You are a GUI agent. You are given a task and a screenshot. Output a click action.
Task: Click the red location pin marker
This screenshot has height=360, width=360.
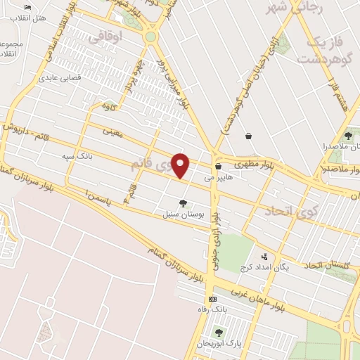coord(181,165)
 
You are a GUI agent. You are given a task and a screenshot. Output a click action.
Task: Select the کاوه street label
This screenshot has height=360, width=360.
coord(108,106)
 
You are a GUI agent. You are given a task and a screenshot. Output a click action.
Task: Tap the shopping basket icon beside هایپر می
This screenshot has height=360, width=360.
coord(220,167)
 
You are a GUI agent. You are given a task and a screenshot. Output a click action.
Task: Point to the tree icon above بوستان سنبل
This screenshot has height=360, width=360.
coord(183,203)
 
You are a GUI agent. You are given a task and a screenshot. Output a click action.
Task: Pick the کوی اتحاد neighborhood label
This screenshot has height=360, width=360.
coord(292,210)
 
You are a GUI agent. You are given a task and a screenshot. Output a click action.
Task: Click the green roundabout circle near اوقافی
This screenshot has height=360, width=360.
coord(150,37)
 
